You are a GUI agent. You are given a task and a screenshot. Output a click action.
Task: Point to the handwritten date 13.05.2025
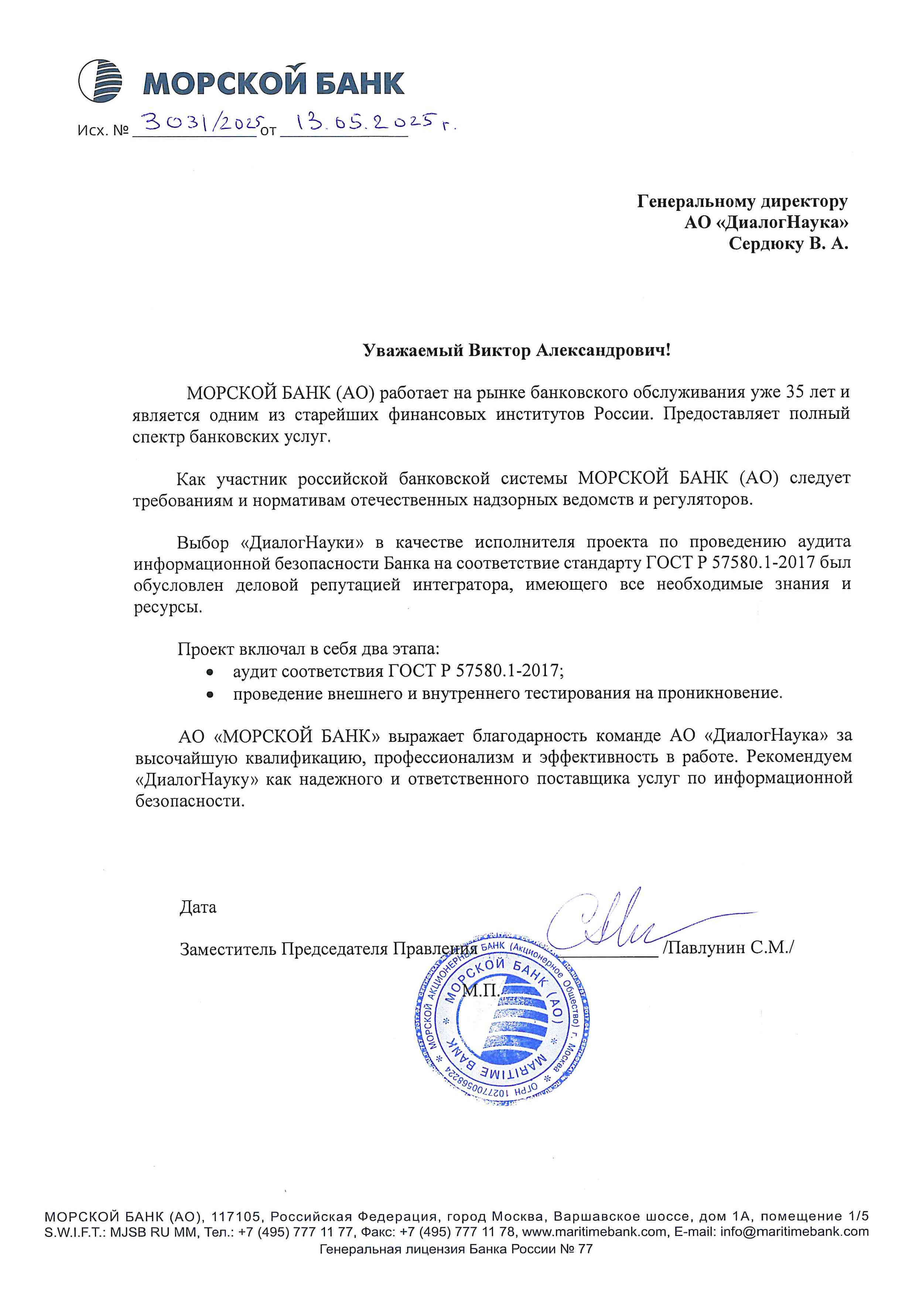tap(367, 121)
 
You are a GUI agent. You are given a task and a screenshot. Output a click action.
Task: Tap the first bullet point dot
tap(210, 672)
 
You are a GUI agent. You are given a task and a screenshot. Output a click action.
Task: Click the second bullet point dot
tap(210, 695)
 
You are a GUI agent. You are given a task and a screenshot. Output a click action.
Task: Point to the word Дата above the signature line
tap(198, 908)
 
